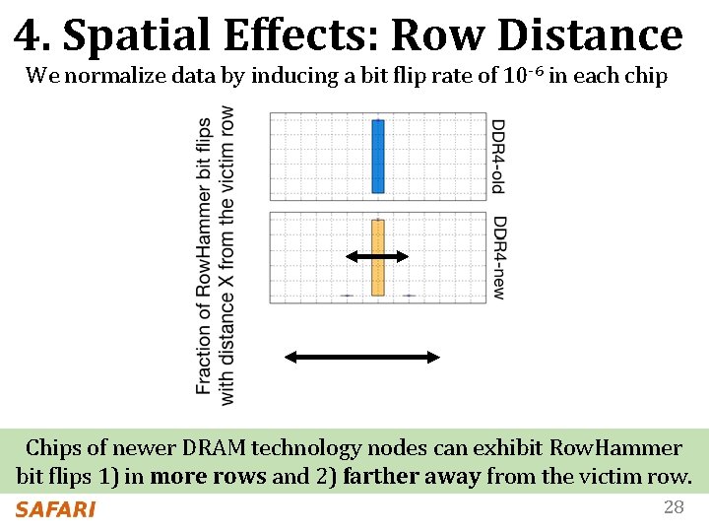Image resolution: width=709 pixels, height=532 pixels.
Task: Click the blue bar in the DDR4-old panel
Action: (378, 156)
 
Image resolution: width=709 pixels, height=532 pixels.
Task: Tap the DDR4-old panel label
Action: (498, 156)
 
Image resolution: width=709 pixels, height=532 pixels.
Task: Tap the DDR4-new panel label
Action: (498, 257)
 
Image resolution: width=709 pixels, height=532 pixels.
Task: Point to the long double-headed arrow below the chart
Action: (362, 358)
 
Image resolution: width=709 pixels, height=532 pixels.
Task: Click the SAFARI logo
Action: (55, 509)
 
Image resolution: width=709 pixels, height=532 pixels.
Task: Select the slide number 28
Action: (674, 507)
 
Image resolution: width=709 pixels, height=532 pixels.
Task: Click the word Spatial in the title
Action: (129, 35)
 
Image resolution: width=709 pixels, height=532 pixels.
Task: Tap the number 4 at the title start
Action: (29, 35)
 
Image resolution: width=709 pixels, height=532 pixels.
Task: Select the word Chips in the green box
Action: (53, 448)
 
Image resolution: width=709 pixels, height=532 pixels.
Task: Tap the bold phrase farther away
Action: (412, 478)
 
